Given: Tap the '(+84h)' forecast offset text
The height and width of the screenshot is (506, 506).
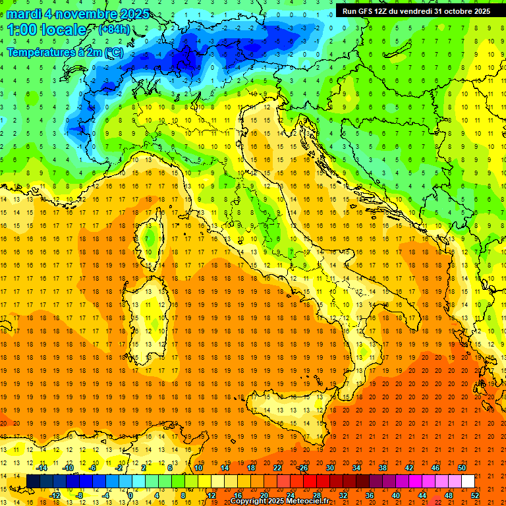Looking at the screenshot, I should point(113,30).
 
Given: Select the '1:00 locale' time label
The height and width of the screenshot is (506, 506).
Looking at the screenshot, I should point(47,30).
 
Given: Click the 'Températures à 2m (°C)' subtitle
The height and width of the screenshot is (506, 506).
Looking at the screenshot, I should point(65,51).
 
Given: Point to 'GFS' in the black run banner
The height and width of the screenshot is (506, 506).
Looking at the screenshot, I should point(366,11).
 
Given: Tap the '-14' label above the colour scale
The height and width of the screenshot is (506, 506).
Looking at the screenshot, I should point(41,468).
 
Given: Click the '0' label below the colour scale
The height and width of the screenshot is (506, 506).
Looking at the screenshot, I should point(130,495).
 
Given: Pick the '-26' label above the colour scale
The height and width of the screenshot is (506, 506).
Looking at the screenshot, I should point(302,468).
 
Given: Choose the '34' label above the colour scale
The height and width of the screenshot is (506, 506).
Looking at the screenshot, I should point(356,468).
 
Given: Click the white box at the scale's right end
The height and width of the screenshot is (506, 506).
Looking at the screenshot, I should point(468,481).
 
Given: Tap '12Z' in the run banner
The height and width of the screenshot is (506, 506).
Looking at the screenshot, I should point(384,11).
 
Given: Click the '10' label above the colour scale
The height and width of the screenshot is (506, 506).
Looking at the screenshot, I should point(198,468).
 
